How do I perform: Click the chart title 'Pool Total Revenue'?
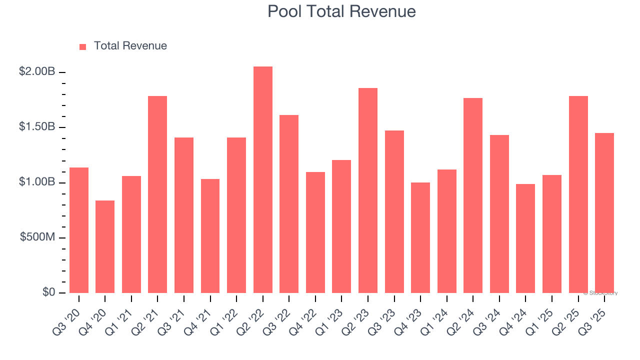coord(341,11)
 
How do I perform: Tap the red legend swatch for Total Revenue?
coord(83,46)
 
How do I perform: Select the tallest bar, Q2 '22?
coord(262,180)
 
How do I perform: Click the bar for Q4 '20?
coord(105,246)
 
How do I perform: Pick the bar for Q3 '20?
coord(79,230)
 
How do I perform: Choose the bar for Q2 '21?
coord(157,194)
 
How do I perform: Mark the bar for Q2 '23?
coord(367,190)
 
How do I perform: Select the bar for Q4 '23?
coord(420,237)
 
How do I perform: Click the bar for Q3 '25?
coord(604,212)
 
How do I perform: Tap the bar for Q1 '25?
coord(551,233)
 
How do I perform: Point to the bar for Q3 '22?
coord(289,204)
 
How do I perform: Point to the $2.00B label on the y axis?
coord(37,72)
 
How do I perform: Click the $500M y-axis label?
coord(37,237)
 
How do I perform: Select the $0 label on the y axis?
coord(48,292)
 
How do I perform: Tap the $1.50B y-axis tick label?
coord(37,127)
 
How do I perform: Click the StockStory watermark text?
coord(601,293)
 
